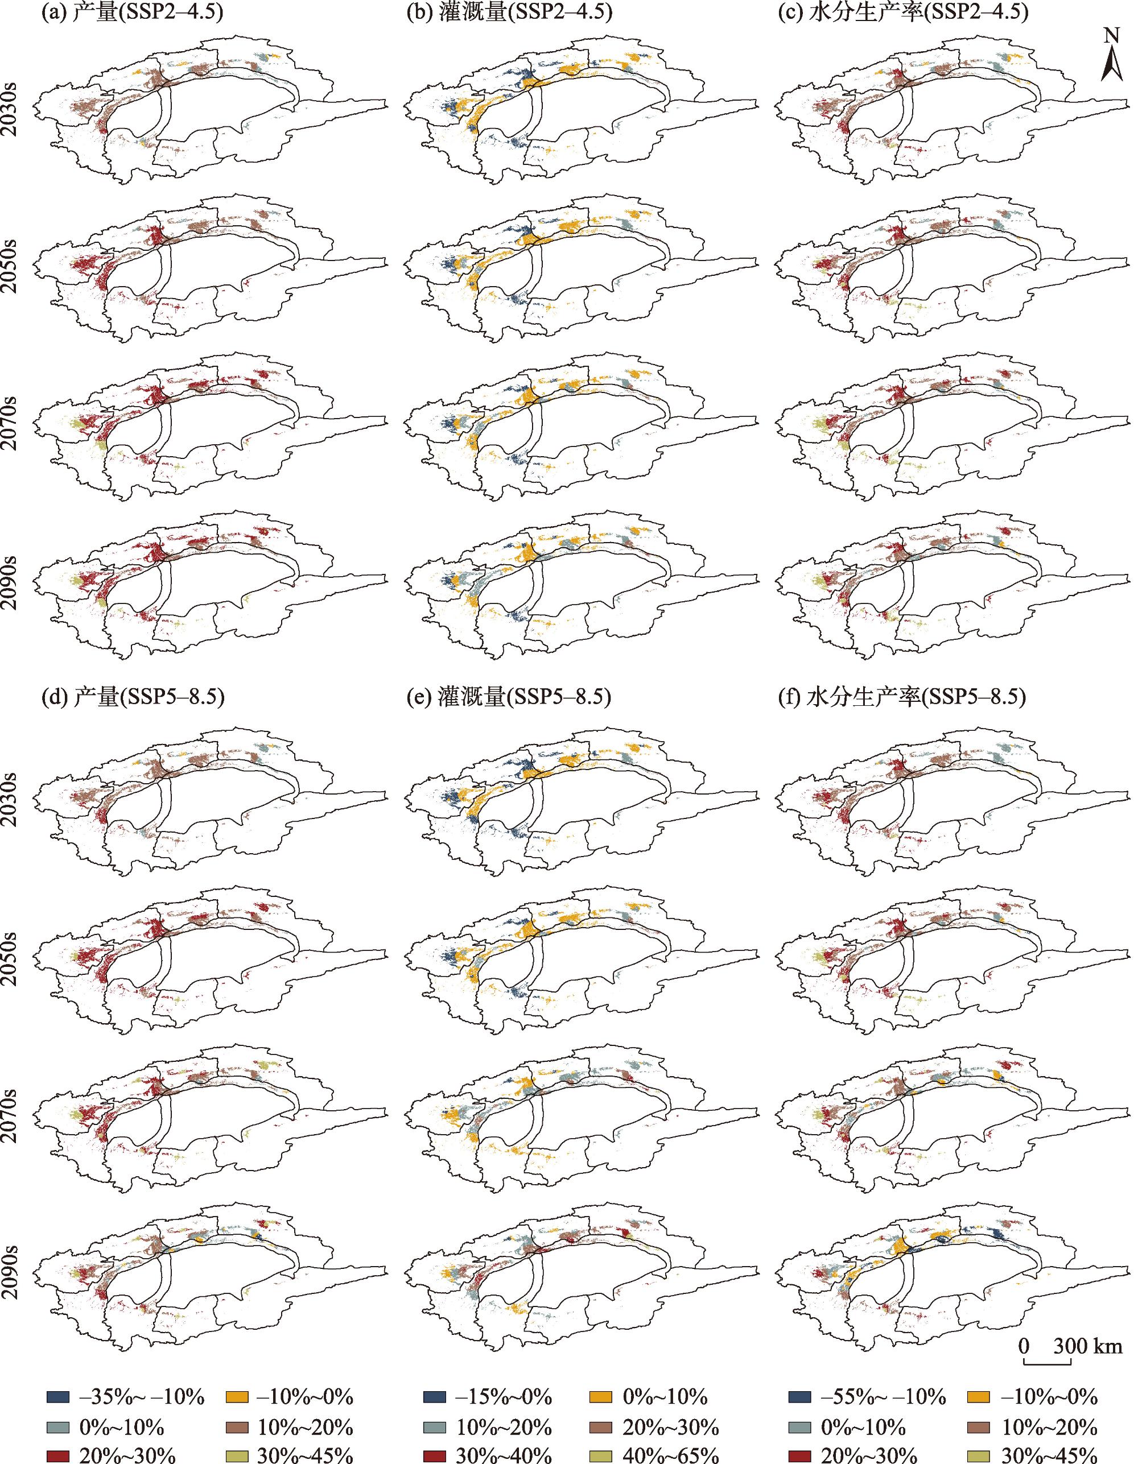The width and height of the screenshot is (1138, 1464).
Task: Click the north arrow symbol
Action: coord(1112,64)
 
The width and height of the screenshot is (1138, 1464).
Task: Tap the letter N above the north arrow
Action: coord(1112,35)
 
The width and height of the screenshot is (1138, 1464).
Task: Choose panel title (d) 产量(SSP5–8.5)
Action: coord(132,697)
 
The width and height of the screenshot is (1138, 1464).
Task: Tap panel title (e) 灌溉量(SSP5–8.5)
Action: coord(509,697)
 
